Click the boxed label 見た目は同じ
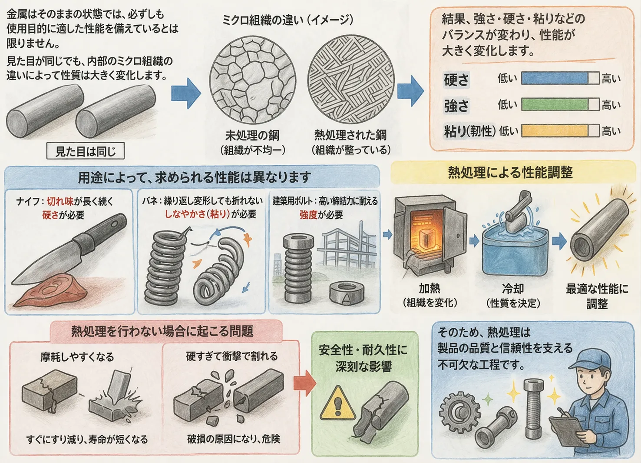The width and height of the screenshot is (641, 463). click(x=86, y=151)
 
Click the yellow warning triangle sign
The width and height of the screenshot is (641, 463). click(x=337, y=404)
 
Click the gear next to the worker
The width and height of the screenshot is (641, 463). click(x=459, y=410)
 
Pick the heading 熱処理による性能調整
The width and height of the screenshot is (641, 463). click(x=510, y=173)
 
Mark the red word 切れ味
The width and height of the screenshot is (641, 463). click(x=60, y=201)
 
